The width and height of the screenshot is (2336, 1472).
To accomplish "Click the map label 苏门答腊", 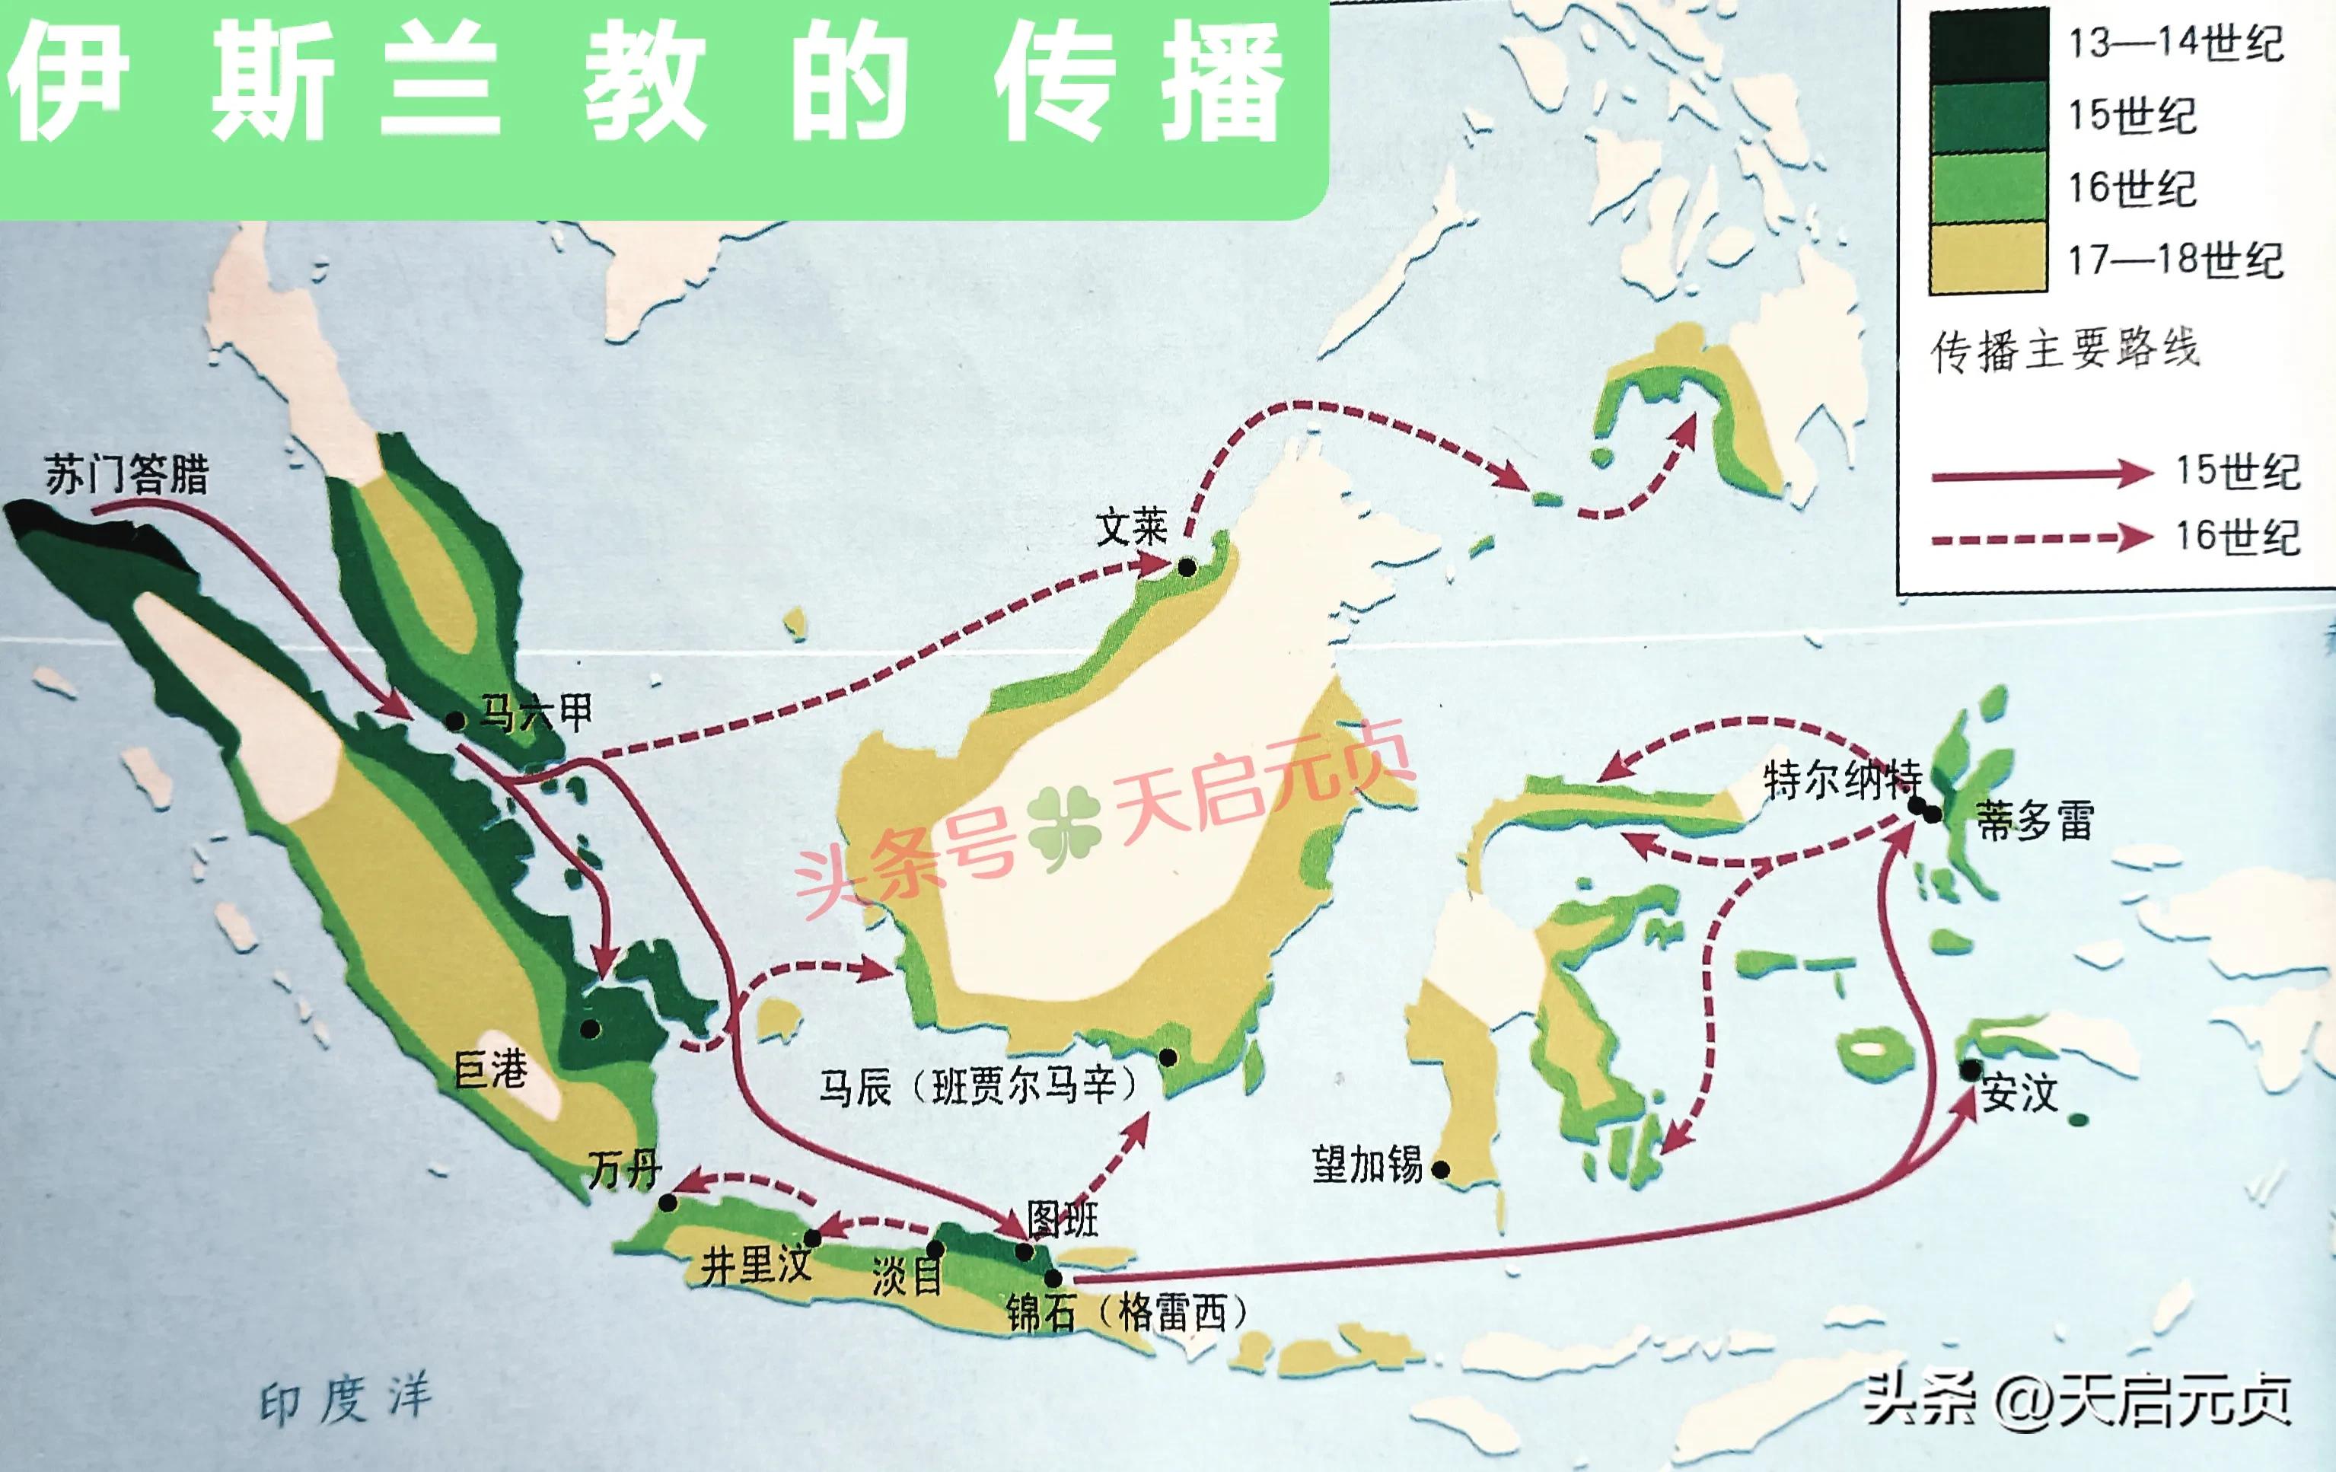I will (x=126, y=476).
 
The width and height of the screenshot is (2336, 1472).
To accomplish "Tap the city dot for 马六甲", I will (x=455, y=721).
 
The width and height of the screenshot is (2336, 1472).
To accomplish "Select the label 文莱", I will (x=1131, y=528).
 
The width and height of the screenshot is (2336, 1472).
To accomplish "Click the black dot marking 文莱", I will (x=1187, y=567).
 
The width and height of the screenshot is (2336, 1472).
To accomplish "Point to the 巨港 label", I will (x=491, y=1070).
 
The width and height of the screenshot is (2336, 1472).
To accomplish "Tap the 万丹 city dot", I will (x=668, y=1203).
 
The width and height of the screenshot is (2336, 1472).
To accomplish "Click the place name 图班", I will (x=1063, y=1220).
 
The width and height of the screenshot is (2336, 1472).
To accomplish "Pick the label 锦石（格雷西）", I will (x=1125, y=1314).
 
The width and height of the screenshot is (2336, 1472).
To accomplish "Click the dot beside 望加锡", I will (x=1441, y=1171).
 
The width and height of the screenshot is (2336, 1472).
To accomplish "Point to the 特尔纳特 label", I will (x=1841, y=780).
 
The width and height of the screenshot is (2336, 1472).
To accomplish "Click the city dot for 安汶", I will (x=1971, y=1070).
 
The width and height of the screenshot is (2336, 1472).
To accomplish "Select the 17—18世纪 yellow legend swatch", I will (x=1987, y=258).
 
